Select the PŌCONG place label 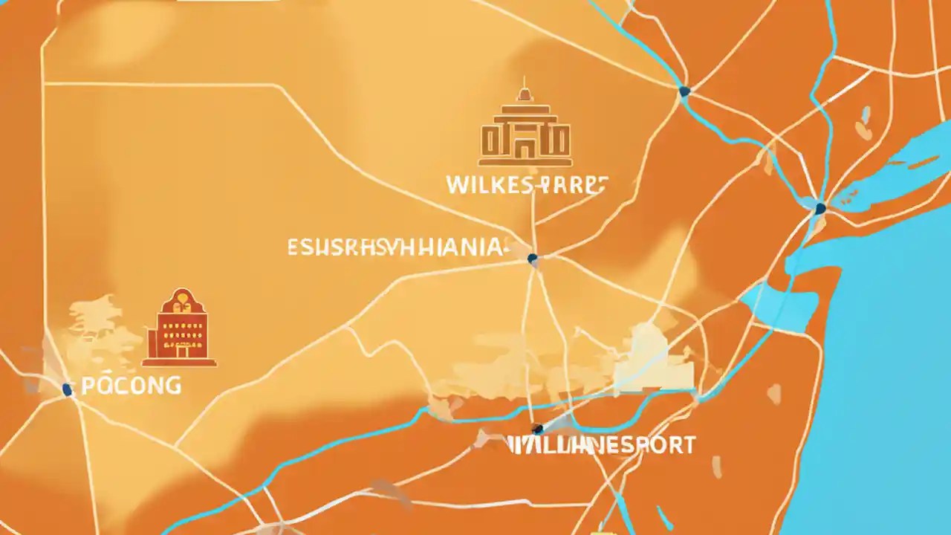tap(131, 385)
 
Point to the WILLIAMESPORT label tap(602, 445)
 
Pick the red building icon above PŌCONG tap(179, 328)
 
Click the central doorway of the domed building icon tap(525, 147)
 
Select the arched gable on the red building tap(179, 300)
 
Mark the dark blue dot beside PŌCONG tap(67, 389)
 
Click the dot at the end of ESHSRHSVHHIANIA tap(531, 259)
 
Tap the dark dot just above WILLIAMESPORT tap(537, 429)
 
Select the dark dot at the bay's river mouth tap(820, 209)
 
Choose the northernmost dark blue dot tap(684, 91)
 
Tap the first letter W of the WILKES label tap(456, 184)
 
